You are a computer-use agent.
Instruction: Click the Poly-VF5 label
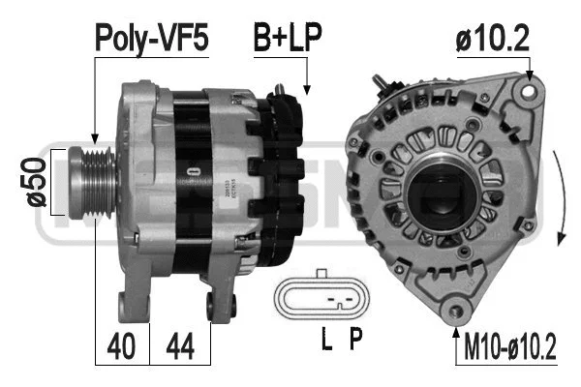coord(151,38)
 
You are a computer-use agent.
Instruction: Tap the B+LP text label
coord(288,38)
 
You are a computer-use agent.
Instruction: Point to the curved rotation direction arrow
coord(561,198)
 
